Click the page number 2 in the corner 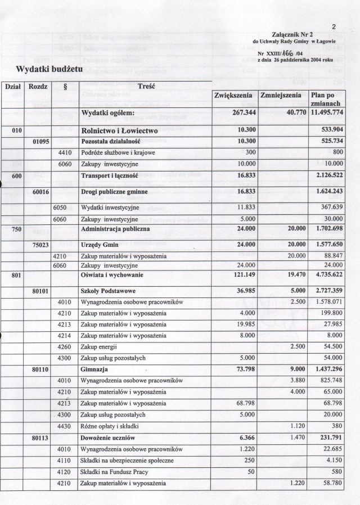coord(334,26)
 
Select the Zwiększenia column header coord(233,96)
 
